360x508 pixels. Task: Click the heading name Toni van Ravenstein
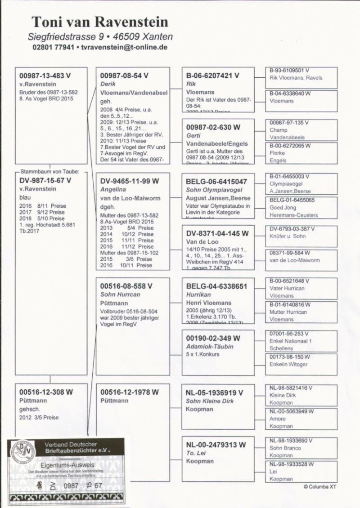pyautogui.click(x=100, y=22)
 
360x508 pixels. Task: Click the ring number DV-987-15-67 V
pyautogui.click(x=45, y=181)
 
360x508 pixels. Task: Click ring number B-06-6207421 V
pyautogui.click(x=212, y=76)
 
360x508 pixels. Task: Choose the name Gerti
pyautogui.click(x=193, y=135)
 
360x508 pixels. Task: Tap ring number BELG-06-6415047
pyautogui.click(x=216, y=182)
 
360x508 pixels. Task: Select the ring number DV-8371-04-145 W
pyautogui.click(x=217, y=233)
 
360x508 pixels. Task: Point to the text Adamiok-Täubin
pyautogui.click(x=210, y=347)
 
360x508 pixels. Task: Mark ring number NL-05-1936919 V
pyautogui.click(x=215, y=392)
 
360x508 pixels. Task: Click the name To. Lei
pyautogui.click(x=196, y=453)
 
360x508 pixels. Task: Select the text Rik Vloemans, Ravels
pyautogui.click(x=296, y=78)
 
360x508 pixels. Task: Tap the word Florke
pyautogui.click(x=277, y=153)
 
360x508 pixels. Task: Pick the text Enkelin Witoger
pyautogui.click(x=288, y=365)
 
